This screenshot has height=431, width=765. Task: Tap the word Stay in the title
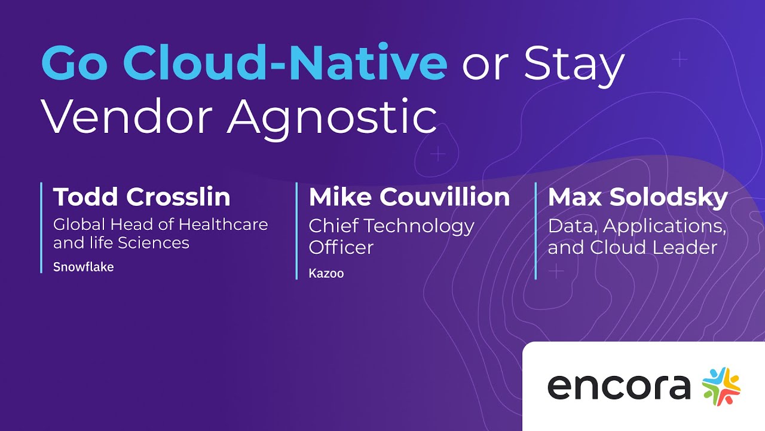tap(574, 65)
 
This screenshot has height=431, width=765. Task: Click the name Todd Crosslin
tap(142, 197)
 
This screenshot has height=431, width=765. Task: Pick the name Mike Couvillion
tap(409, 197)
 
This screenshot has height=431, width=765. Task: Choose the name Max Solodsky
tap(638, 197)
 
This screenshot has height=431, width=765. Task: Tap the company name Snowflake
tap(83, 267)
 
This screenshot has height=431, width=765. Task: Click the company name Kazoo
tap(326, 274)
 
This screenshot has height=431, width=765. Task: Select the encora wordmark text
tap(619, 387)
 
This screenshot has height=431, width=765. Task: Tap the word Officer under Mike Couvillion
tap(341, 247)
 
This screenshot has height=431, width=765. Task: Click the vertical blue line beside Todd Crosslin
tap(41, 227)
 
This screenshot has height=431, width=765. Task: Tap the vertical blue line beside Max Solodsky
tap(535, 230)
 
